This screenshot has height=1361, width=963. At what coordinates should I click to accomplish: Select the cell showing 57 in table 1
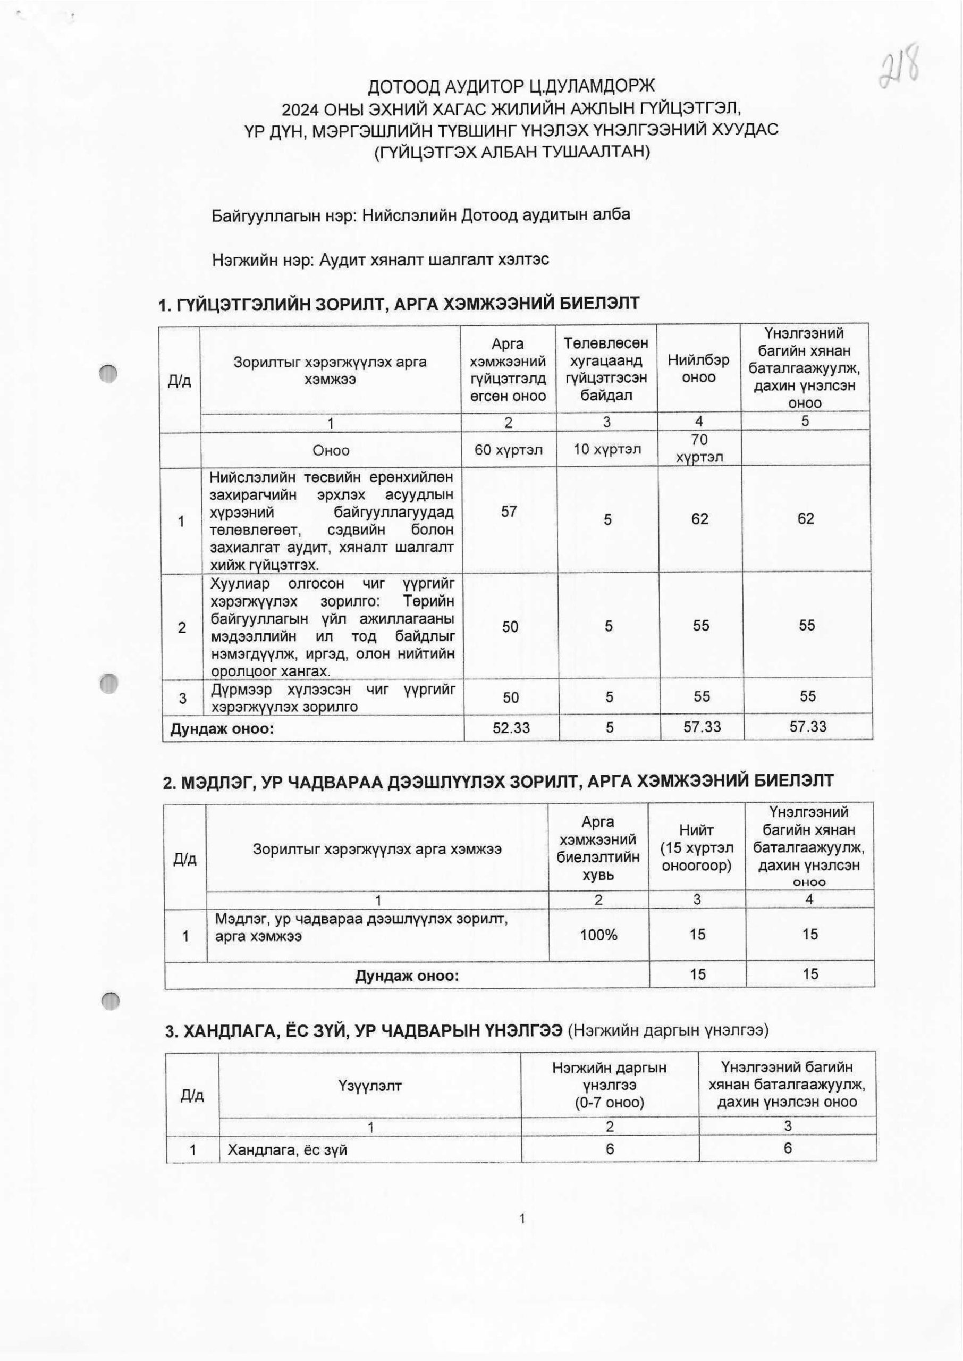coord(509,511)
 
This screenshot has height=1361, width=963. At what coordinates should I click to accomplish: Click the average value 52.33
coord(511,727)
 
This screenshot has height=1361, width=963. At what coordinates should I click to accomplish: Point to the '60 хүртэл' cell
coord(508,450)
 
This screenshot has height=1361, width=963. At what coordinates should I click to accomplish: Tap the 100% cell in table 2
coord(598,935)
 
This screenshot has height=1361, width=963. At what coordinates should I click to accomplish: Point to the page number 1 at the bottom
coord(522,1219)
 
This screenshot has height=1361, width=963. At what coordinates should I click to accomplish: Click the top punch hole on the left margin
coord(108,373)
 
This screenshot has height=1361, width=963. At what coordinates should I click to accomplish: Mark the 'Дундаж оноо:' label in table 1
coord(222,728)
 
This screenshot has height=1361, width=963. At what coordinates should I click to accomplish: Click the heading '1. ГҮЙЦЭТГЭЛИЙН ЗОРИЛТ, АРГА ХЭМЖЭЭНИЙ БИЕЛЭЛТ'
coord(399,304)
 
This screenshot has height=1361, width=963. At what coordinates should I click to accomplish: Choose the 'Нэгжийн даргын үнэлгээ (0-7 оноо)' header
coord(609,1085)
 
